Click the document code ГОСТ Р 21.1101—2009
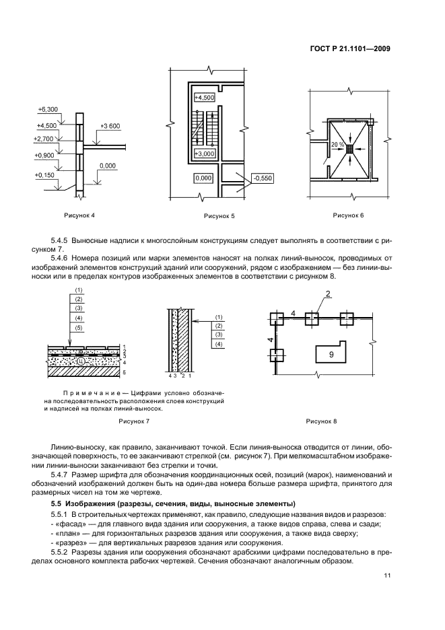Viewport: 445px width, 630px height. (351, 49)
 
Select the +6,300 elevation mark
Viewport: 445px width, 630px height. (48, 109)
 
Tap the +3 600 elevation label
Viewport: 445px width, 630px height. (110, 126)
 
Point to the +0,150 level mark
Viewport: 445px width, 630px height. (44, 175)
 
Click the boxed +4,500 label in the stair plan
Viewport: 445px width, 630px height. (204, 98)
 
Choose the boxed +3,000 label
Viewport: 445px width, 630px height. (204, 153)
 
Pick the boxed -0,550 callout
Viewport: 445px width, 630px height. (262, 178)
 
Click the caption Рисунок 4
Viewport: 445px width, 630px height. (79, 215)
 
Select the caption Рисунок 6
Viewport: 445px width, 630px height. (348, 215)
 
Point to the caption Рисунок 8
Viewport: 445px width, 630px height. (321, 421)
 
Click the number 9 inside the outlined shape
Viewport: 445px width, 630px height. (331, 354)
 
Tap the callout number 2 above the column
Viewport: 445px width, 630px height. (328, 294)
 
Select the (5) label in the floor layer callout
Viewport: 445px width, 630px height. (78, 328)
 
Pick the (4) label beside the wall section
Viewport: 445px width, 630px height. (219, 344)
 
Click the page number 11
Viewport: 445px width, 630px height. (388, 575)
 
